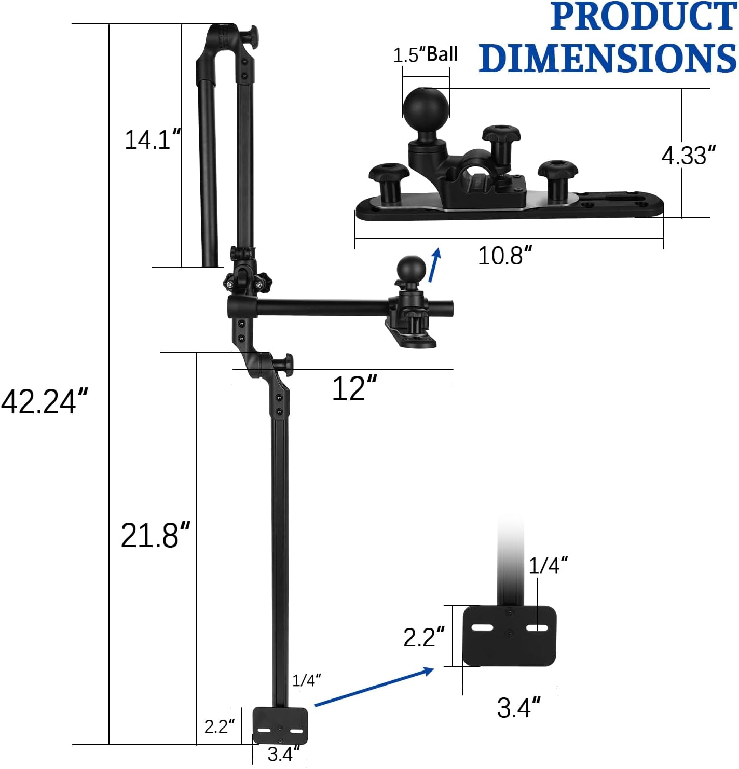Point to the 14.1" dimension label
pos(153,140)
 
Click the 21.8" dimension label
pos(155,535)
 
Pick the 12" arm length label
pos(354,389)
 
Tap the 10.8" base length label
pos(504,256)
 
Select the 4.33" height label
pos(688,156)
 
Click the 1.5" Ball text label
pos(425,54)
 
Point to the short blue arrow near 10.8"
pos(435,264)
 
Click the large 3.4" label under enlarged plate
pos(518,708)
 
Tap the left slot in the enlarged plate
pos(482,628)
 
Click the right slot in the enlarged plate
pos(537,628)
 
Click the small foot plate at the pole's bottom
pos(280,725)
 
